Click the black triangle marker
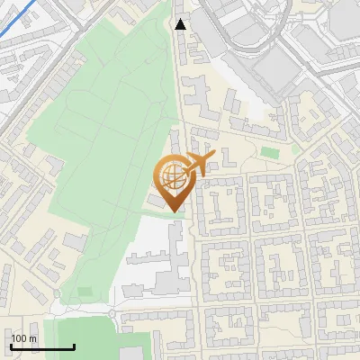point(181,24)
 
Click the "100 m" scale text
point(23,338)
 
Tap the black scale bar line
point(41,346)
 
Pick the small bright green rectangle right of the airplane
point(270,152)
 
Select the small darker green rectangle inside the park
point(85,291)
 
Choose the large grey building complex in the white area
point(162,265)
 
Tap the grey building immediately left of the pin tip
point(157,203)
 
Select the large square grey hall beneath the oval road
point(274,67)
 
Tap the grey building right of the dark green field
point(162,341)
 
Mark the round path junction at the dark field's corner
point(112,313)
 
